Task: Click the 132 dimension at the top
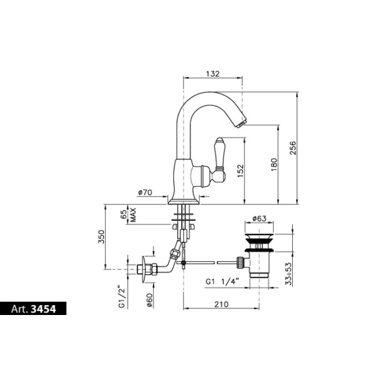[x=212, y=74]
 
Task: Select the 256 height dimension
[x=293, y=148]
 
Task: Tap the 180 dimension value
[x=274, y=165]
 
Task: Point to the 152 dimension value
[x=240, y=171]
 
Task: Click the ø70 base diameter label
[x=145, y=192]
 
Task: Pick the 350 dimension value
[x=101, y=237]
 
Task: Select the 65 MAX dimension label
[x=128, y=215]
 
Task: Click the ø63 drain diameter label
[x=259, y=218]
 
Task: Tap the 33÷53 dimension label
[x=288, y=274]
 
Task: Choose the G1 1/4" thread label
[x=222, y=282]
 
